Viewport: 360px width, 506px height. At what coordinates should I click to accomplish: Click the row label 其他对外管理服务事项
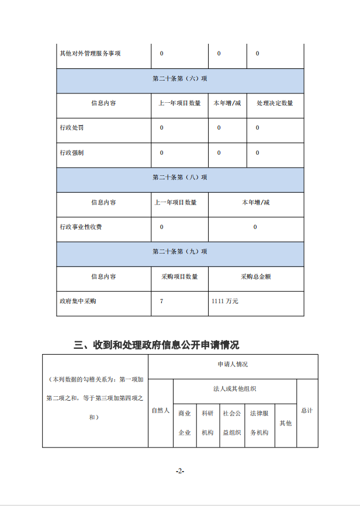point(90,54)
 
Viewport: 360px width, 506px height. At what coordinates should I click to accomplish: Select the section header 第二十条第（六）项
point(180,78)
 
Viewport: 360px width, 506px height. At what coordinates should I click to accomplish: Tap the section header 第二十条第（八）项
point(180,177)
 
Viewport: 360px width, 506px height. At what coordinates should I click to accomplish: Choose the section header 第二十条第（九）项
point(180,252)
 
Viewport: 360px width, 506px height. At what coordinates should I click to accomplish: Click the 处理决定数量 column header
point(275,103)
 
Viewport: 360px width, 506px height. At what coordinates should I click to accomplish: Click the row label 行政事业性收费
point(81,227)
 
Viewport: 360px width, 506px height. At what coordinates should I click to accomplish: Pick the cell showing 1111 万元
point(225,301)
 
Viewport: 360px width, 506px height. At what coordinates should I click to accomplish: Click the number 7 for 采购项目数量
point(162,301)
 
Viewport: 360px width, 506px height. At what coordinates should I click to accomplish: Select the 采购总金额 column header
point(255,276)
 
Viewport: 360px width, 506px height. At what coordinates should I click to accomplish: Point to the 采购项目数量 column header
point(179,276)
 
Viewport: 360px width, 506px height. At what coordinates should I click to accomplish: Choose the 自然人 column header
point(160,411)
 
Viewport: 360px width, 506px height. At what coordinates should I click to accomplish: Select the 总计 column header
point(307,411)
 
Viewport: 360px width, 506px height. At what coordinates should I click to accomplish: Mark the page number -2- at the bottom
point(180,471)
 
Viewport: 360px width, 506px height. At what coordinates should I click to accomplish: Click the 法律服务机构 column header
point(259,422)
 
